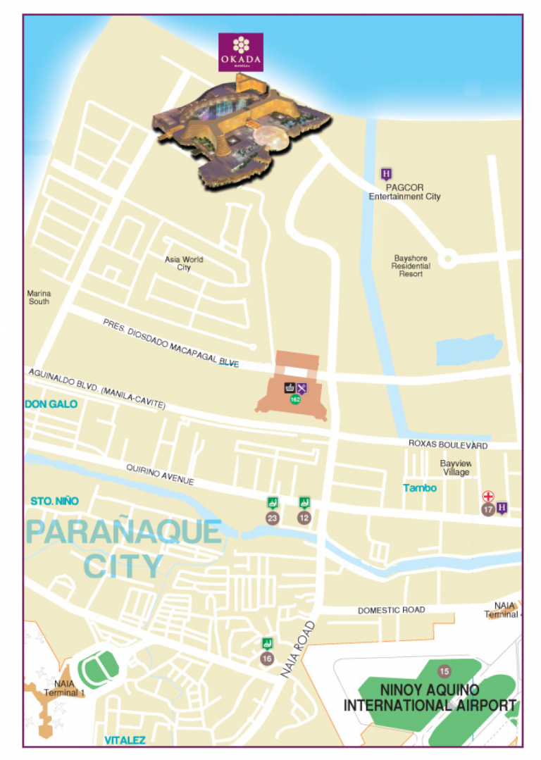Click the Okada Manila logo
(241, 52)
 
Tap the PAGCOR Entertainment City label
(404, 192)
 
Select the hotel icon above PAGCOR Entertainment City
(386, 174)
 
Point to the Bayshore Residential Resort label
(411, 266)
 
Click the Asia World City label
(184, 263)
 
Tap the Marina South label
(39, 297)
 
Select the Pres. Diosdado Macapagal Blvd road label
(170, 343)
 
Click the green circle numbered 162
(296, 399)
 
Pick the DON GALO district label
(51, 404)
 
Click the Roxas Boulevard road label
(448, 445)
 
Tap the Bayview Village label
(456, 468)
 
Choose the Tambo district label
(420, 488)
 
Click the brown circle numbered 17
(487, 509)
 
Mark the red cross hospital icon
(487, 497)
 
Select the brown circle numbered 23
(272, 518)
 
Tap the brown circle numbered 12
(304, 518)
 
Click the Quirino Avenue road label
(160, 474)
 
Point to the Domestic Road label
(391, 610)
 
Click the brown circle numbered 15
(444, 671)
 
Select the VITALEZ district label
(125, 740)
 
